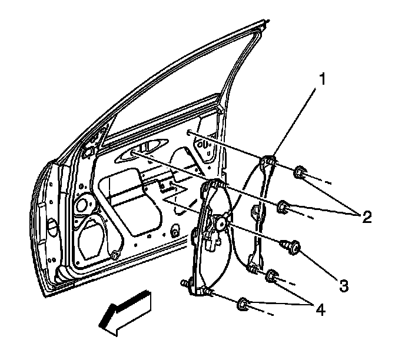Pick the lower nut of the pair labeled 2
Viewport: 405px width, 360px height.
[284, 206]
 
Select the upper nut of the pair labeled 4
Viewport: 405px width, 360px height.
[273, 275]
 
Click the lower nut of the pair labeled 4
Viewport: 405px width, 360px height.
[243, 304]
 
